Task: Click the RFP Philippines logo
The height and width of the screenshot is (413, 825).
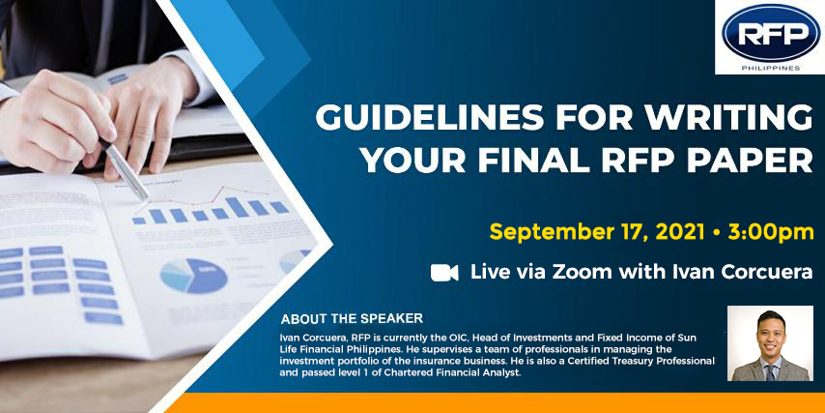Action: point(770,37)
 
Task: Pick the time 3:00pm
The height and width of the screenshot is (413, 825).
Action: point(771,232)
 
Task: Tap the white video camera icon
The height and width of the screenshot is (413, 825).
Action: point(444,273)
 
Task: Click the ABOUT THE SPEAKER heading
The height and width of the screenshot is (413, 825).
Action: point(352,319)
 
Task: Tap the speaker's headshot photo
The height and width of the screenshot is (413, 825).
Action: point(770,343)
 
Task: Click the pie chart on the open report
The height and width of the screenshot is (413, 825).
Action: point(193,276)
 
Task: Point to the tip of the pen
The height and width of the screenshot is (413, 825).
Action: point(146,199)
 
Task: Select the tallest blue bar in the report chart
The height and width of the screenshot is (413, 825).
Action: point(237,207)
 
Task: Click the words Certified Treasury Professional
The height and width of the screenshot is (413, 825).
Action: point(639,361)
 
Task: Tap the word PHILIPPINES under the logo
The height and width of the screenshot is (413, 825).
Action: point(771,68)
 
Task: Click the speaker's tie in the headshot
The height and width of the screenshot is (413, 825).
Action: point(770,371)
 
